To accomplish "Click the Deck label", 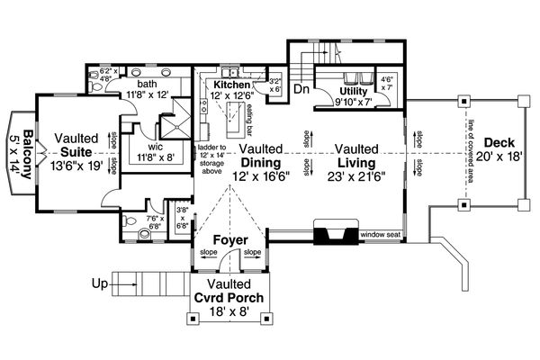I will [499, 142].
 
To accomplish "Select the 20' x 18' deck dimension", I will [499, 157].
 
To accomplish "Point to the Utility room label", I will [358, 91].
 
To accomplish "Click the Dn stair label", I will [302, 90].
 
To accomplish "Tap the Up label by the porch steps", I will [100, 284].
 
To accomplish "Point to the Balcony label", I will [27, 154].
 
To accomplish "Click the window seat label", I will [380, 235].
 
